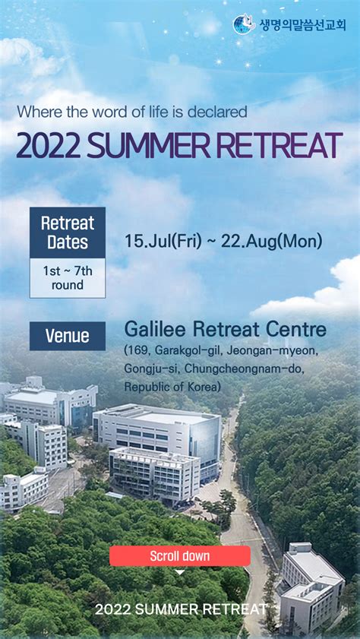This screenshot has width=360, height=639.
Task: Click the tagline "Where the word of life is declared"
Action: (x=132, y=112)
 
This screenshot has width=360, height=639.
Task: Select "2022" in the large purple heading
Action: (x=48, y=145)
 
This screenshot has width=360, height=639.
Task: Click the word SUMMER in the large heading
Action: (x=149, y=145)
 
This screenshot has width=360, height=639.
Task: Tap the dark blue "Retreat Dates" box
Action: (x=68, y=233)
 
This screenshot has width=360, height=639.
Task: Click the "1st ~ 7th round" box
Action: (x=68, y=278)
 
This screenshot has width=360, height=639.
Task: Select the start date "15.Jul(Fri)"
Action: (x=163, y=242)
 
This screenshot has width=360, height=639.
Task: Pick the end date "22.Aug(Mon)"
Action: (x=272, y=242)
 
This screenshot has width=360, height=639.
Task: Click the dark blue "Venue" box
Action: (x=68, y=336)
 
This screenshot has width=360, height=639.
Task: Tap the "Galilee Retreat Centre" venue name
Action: (x=226, y=330)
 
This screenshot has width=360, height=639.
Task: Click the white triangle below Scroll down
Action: (x=179, y=573)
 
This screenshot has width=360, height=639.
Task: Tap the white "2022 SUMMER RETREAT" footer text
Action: (x=181, y=609)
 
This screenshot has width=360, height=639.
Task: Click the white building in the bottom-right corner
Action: (x=311, y=588)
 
